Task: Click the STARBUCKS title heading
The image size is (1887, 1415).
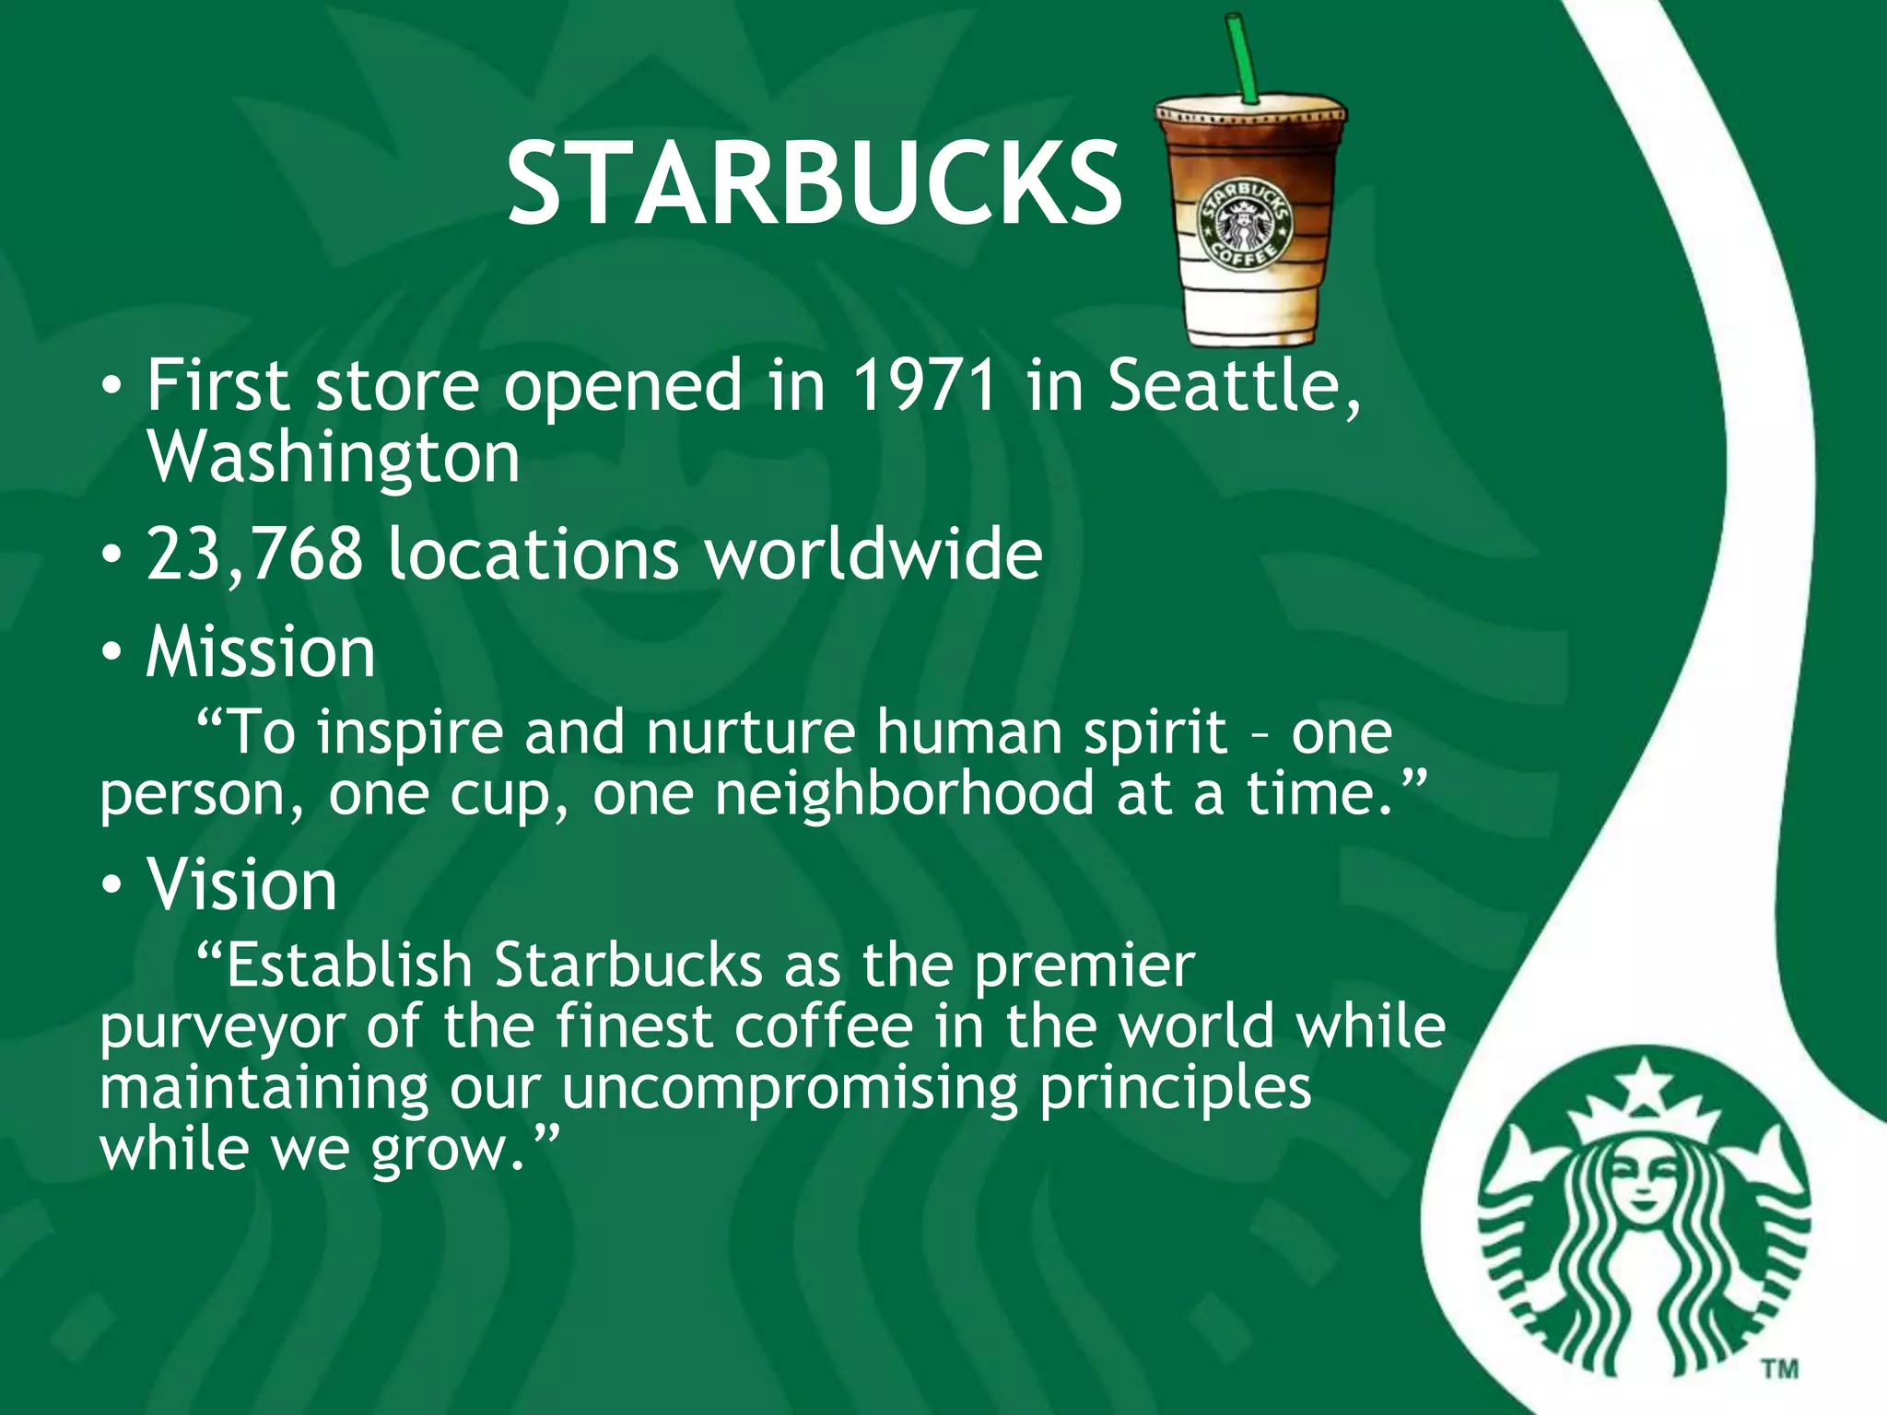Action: (x=815, y=183)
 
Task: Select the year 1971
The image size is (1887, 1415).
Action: (x=924, y=385)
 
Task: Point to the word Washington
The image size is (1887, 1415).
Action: (x=334, y=458)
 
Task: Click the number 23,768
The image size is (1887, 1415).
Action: (x=254, y=555)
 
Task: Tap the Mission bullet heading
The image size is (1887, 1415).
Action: (x=261, y=652)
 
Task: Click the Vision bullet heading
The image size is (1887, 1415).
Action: (x=241, y=885)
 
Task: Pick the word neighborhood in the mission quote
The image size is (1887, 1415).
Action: (x=904, y=794)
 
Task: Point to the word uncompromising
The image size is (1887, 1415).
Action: (x=790, y=1088)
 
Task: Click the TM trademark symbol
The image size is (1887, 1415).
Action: (x=1780, y=1369)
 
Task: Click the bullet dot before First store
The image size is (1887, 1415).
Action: (x=111, y=387)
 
